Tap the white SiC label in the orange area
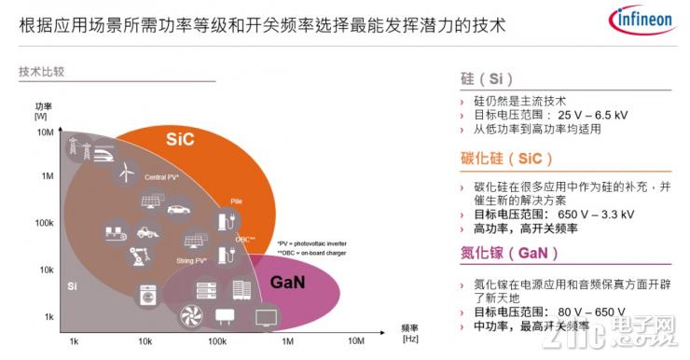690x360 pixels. coord(181,139)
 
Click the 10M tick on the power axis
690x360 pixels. coord(44,132)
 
